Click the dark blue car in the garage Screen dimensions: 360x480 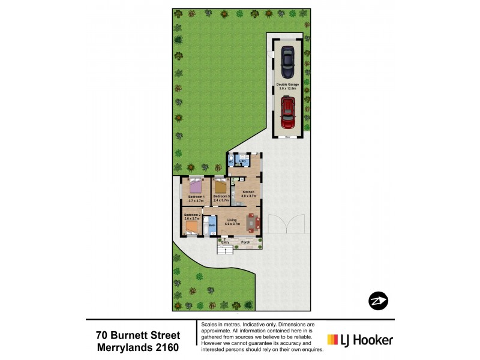click(288, 60)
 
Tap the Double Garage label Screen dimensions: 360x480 click(287, 86)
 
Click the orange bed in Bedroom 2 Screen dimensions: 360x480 click(194, 226)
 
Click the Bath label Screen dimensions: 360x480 click(212, 225)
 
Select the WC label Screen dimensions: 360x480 click(230, 161)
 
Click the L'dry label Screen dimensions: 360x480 click(244, 161)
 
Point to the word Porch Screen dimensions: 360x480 click(246, 242)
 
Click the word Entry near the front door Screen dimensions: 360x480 click(225, 242)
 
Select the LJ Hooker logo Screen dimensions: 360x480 click(360, 340)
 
